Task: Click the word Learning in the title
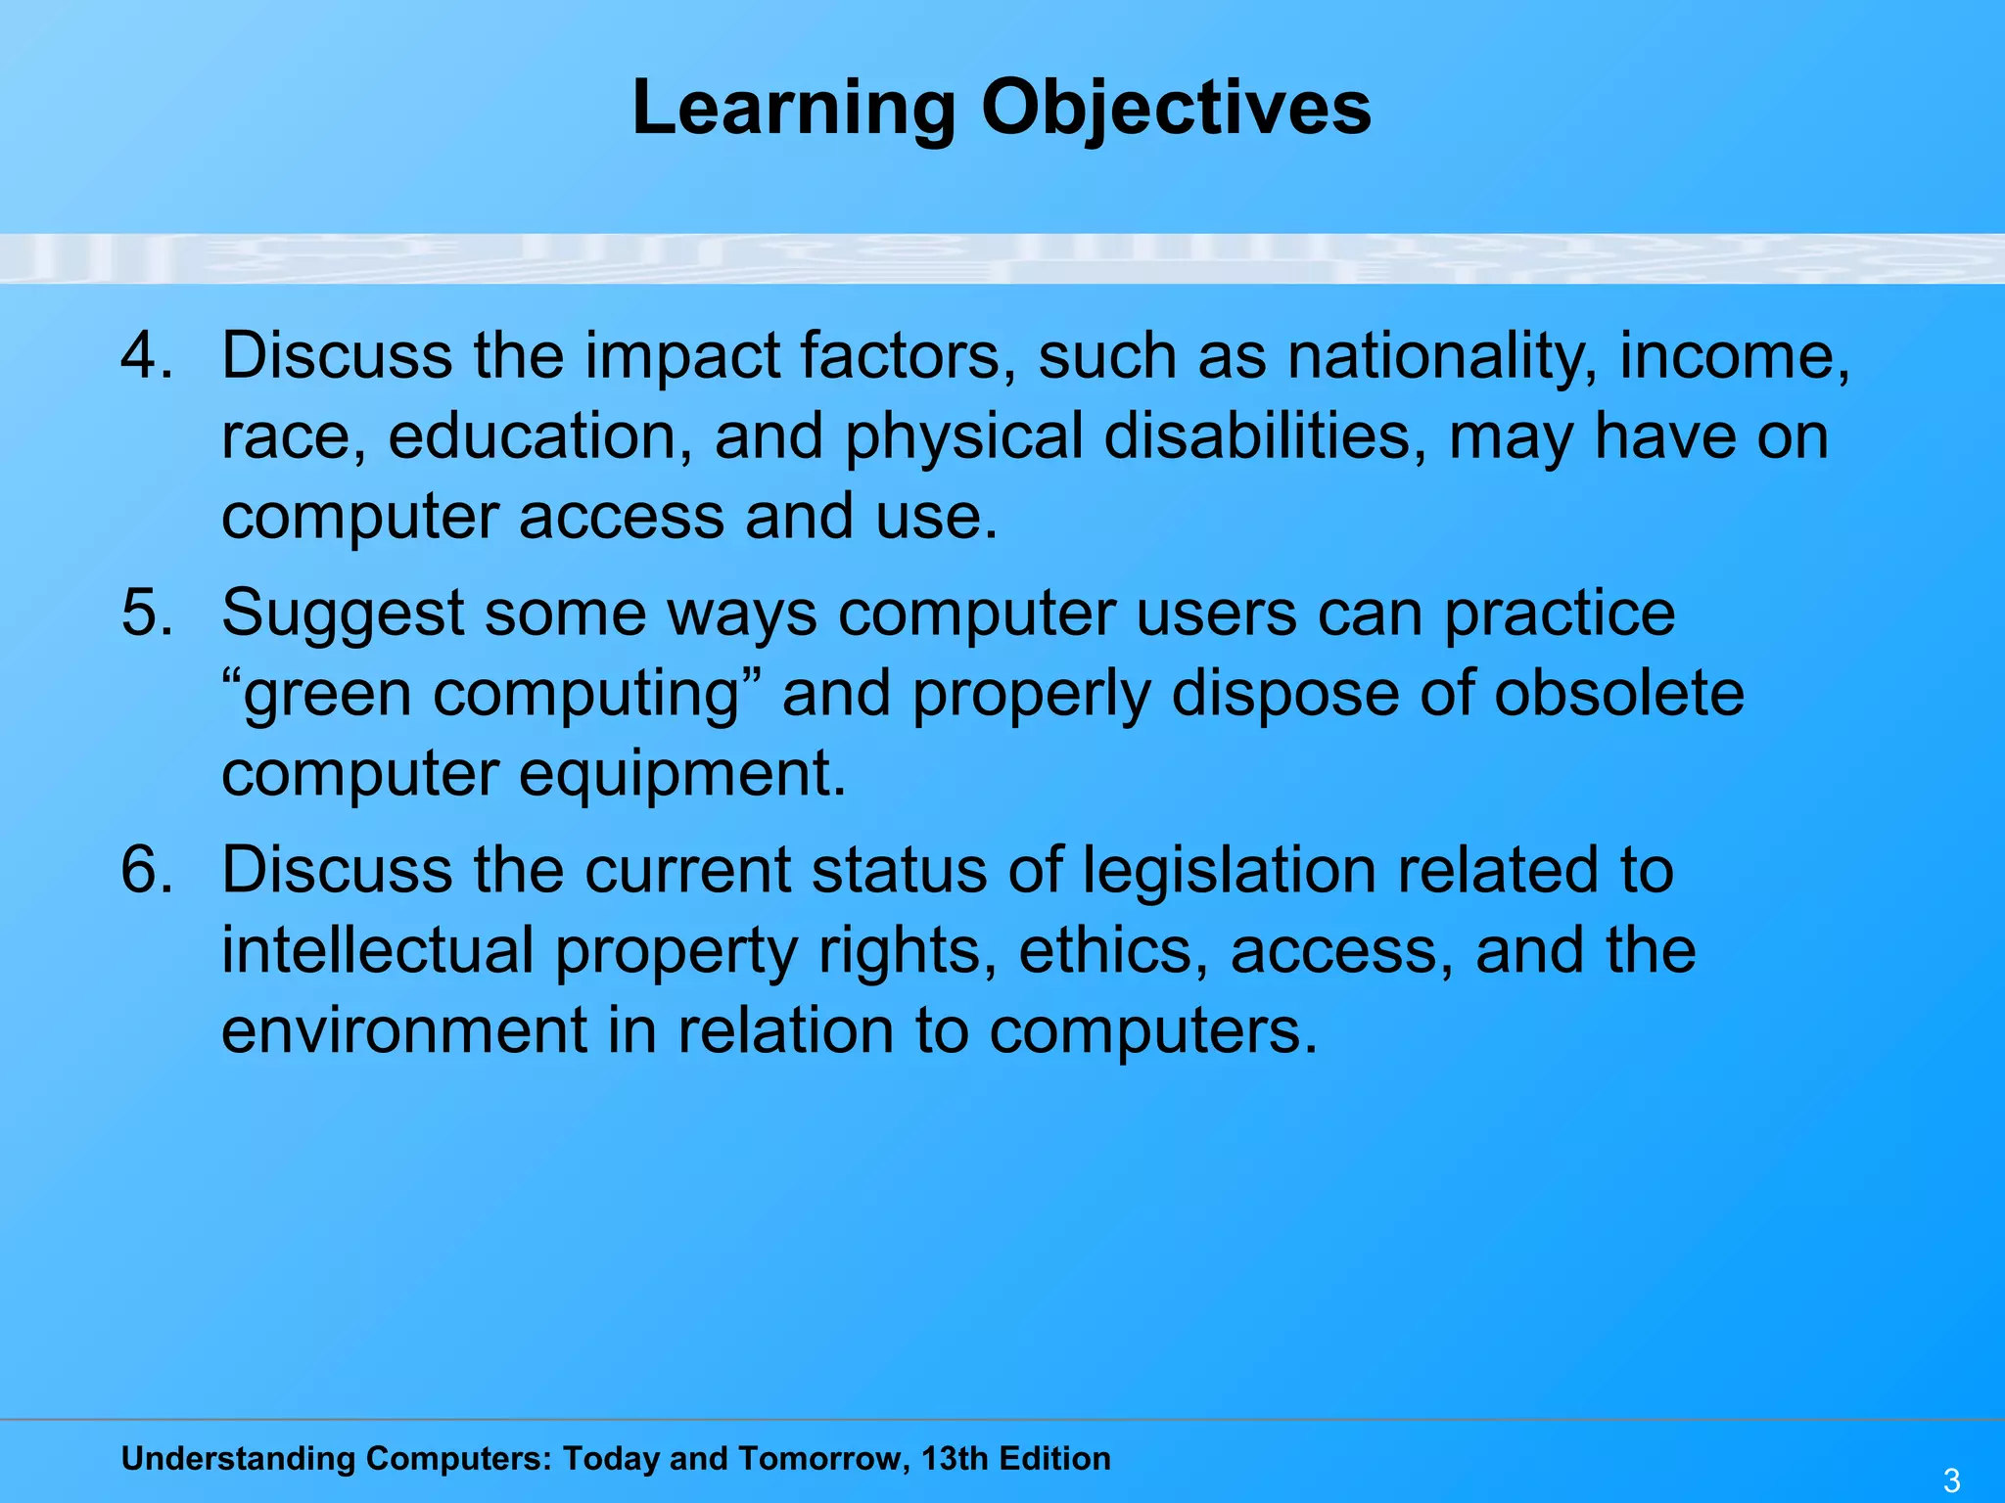click(793, 108)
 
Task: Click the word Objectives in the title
click(1176, 108)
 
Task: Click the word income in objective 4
click(1734, 356)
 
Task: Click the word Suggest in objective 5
click(343, 615)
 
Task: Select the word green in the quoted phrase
click(328, 695)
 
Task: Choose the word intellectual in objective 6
click(377, 949)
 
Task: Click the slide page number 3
click(1951, 1480)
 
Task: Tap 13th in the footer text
click(955, 1458)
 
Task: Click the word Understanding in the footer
click(238, 1459)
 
